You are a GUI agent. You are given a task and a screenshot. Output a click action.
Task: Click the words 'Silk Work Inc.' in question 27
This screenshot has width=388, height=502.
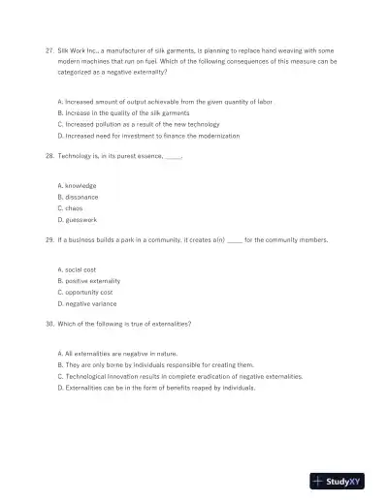(x=78, y=48)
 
